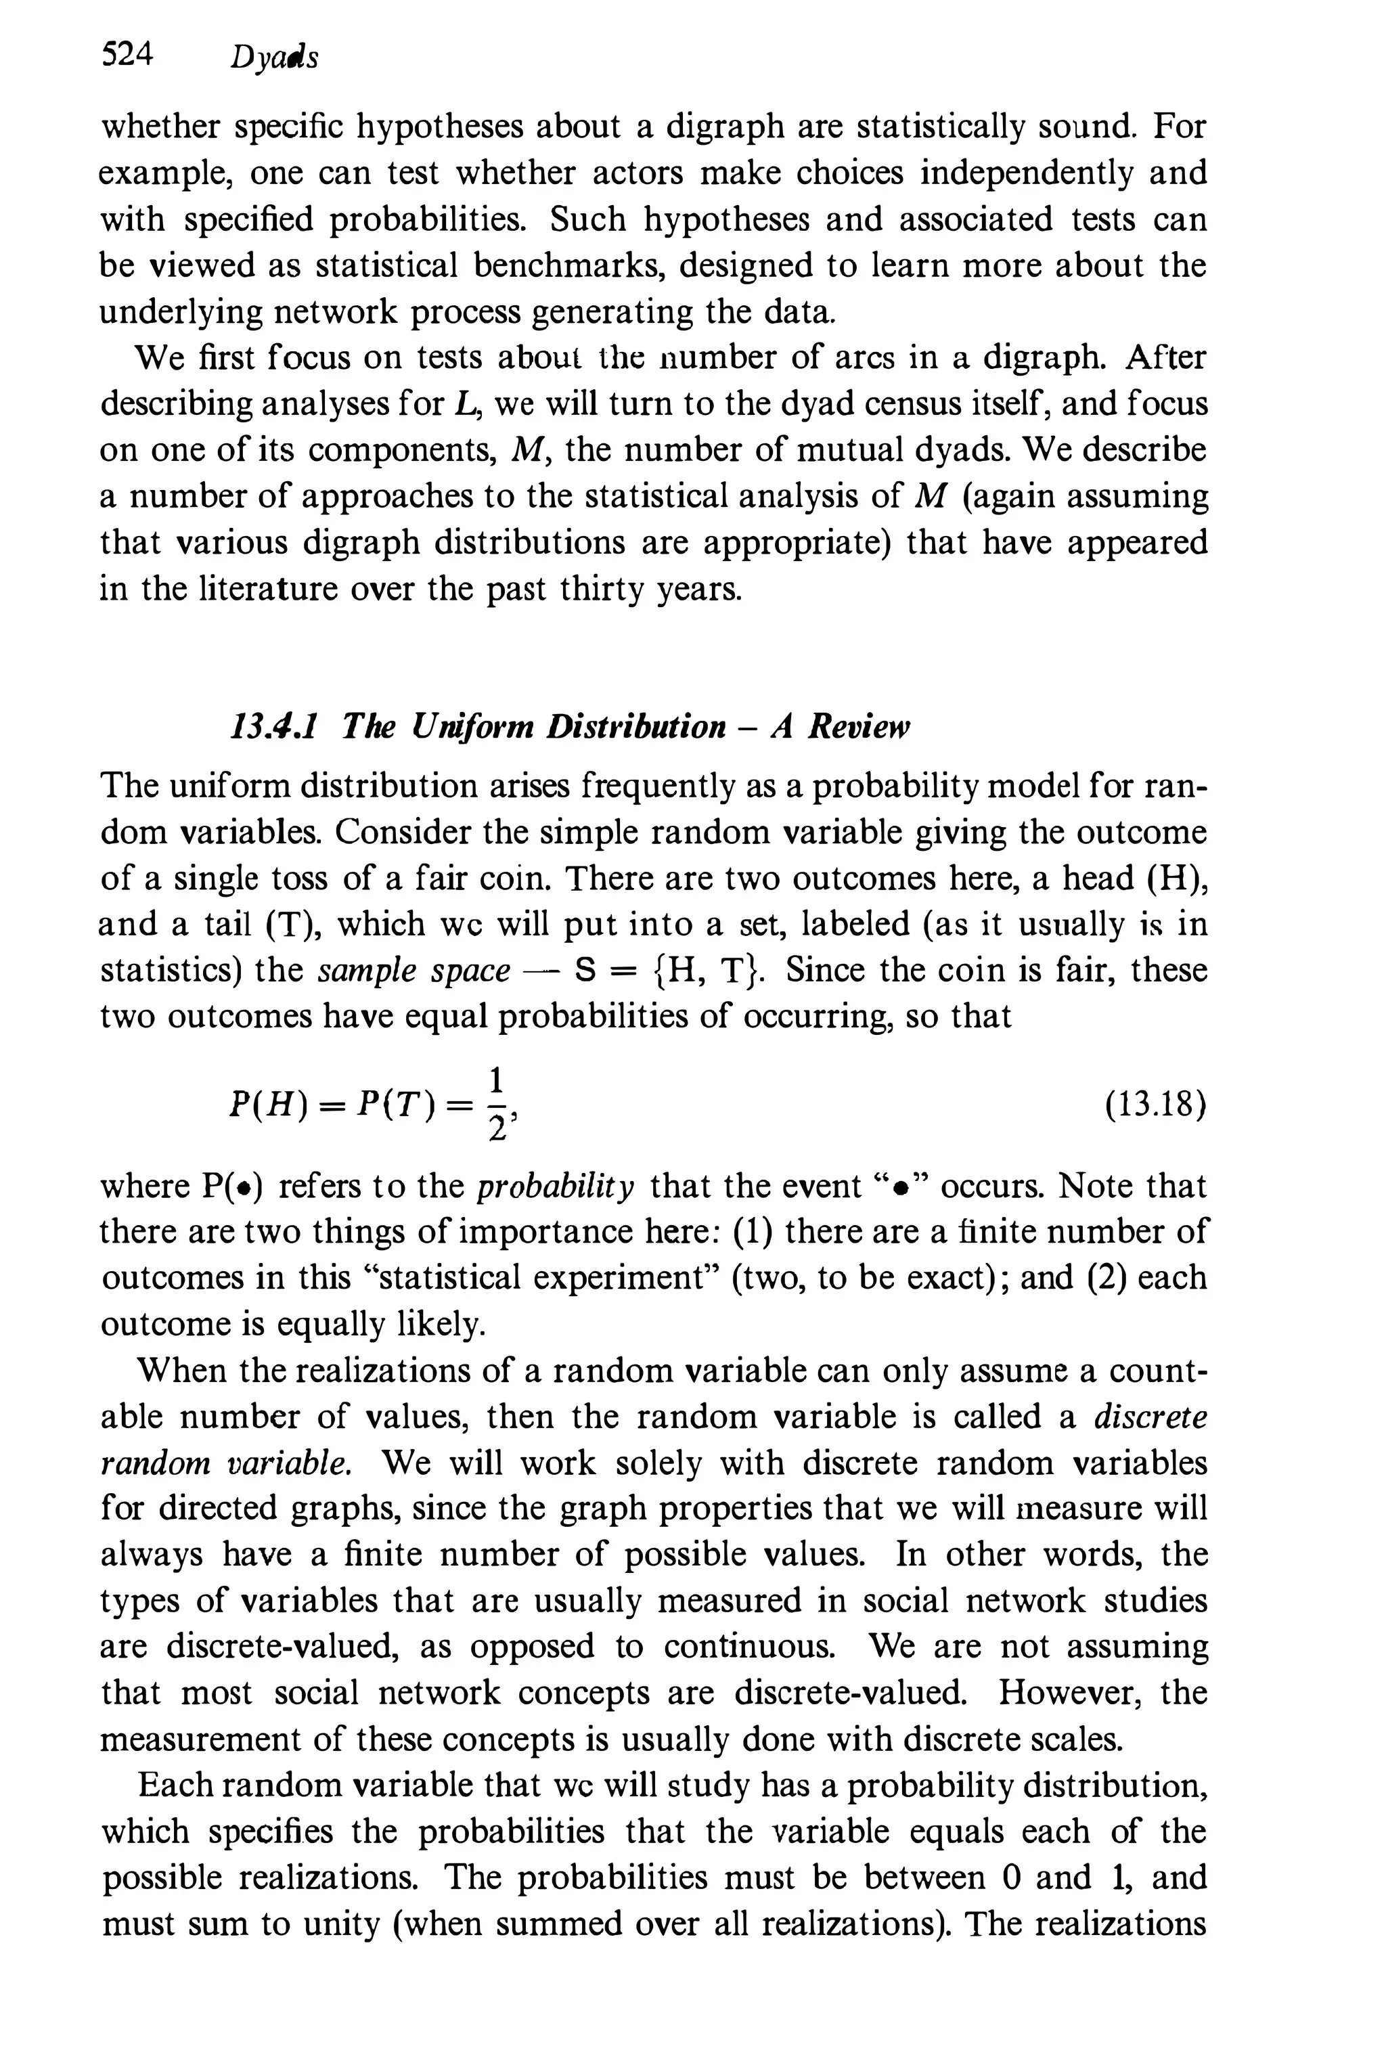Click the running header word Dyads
pos(273,58)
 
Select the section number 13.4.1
pos(274,727)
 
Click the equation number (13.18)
pos(1155,1106)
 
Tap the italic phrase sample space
pos(413,971)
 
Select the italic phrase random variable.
pos(227,1463)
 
